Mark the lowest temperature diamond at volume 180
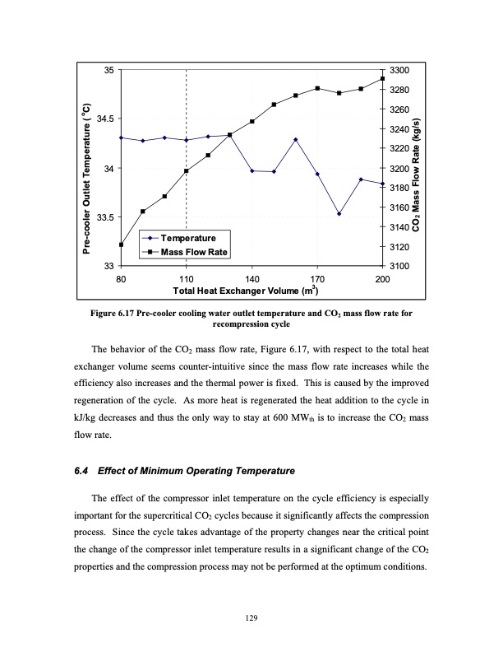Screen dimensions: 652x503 click(339, 214)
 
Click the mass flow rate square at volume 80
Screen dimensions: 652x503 click(121, 244)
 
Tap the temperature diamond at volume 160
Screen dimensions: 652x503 click(296, 140)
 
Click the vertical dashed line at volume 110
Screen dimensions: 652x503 click(187, 206)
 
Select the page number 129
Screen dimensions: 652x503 click(251, 614)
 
